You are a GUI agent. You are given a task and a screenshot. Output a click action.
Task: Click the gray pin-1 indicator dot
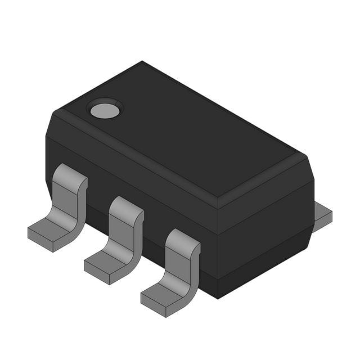pyautogui.click(x=105, y=109)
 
